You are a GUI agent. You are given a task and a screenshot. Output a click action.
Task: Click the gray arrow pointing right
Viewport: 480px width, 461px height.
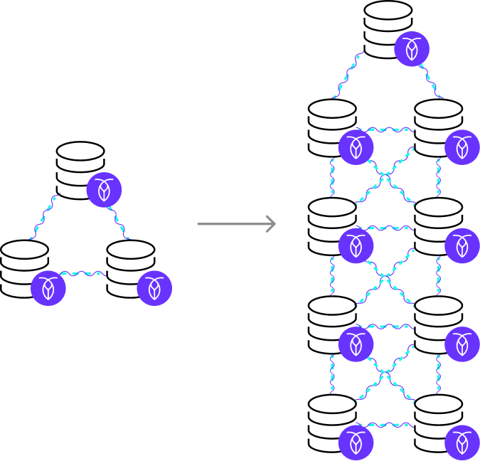click(236, 224)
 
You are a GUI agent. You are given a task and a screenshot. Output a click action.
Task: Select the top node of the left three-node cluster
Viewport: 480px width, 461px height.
click(104, 190)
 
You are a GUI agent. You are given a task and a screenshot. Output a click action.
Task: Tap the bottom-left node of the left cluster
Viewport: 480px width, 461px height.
click(48, 288)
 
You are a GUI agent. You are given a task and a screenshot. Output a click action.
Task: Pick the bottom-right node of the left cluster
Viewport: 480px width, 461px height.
click(154, 288)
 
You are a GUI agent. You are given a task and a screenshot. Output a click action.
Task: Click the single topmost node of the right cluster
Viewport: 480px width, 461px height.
click(412, 49)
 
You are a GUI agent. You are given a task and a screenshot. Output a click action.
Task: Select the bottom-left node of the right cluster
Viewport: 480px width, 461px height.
click(356, 443)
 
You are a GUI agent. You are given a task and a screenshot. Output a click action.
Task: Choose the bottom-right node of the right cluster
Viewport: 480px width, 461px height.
click(462, 443)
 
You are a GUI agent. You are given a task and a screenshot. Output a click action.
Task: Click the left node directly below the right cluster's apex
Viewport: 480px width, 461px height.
click(356, 147)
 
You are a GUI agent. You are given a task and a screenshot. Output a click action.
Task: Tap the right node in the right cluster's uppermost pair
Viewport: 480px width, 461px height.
click(462, 147)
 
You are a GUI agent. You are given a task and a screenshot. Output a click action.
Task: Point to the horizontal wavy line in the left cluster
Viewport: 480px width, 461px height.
click(82, 272)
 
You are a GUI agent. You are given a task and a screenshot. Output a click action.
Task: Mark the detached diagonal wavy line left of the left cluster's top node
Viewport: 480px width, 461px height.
click(44, 216)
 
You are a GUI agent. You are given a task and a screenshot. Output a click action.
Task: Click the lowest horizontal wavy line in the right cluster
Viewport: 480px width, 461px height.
click(385, 425)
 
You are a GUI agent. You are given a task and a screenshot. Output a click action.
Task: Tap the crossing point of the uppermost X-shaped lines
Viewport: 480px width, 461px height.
click(385, 176)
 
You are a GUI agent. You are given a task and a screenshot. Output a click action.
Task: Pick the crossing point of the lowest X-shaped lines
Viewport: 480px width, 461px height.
click(385, 373)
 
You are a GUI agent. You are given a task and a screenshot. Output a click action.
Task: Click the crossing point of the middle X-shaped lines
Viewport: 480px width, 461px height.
click(385, 276)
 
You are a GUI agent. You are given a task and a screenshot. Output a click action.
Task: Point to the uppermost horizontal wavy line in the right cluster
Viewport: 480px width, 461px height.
click(385, 129)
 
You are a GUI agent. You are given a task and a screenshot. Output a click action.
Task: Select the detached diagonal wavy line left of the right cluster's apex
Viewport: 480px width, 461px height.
click(348, 74)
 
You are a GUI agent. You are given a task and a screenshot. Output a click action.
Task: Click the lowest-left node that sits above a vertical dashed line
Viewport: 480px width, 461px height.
click(356, 344)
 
